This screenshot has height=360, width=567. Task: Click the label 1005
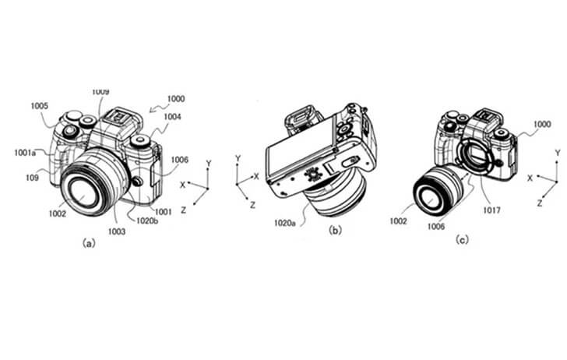tap(40, 106)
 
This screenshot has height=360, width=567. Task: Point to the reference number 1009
tap(100, 92)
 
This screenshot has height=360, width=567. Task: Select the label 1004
tap(172, 117)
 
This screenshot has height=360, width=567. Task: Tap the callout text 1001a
tap(25, 153)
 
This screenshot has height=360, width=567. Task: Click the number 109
tap(32, 178)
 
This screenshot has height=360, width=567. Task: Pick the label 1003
tap(117, 231)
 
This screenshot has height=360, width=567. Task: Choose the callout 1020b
tap(147, 221)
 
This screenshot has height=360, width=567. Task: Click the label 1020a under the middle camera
tap(284, 223)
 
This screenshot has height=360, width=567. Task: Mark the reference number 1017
tap(491, 210)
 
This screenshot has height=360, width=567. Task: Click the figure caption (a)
tap(89, 243)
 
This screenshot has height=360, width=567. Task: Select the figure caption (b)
tap(335, 230)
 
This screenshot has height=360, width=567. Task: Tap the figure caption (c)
tap(462, 239)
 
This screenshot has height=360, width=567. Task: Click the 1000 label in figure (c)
tap(542, 124)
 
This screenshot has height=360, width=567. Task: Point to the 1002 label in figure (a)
tap(58, 214)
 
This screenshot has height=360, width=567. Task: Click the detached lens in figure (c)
tap(438, 191)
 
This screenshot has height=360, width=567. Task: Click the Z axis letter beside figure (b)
tap(253, 205)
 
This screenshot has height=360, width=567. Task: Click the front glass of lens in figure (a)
tap(82, 192)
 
